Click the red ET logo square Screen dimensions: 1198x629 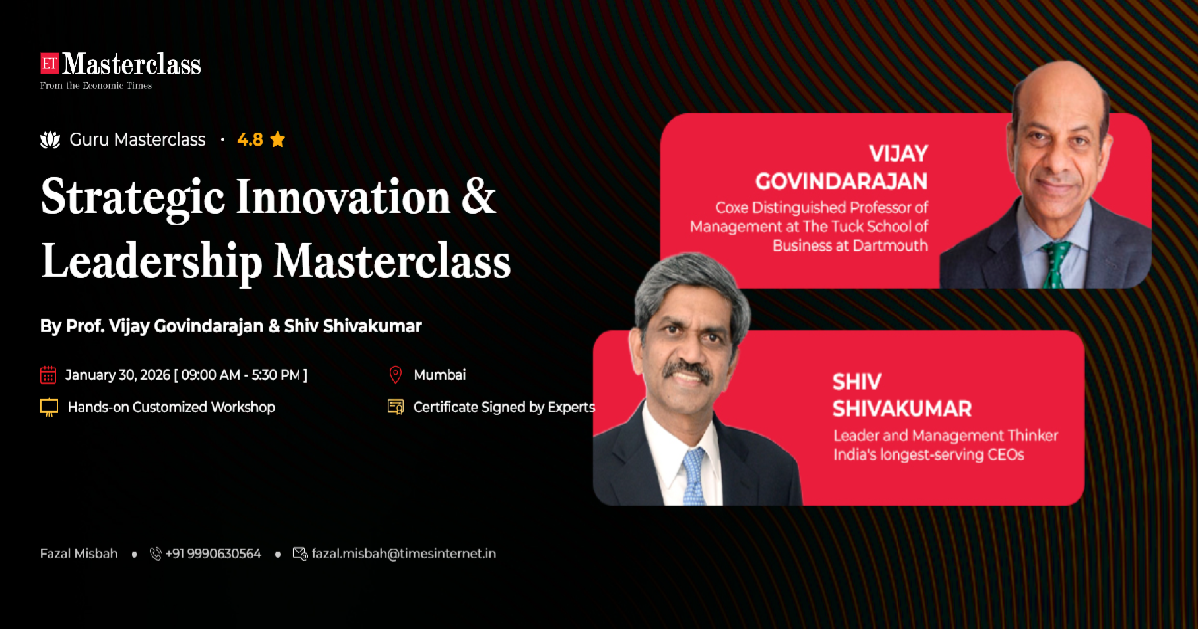click(49, 63)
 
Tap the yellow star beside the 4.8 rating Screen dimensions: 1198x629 click(278, 140)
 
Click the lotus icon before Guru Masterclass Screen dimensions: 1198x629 click(50, 140)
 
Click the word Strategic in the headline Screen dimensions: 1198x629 click(132, 199)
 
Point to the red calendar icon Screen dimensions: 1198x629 click(48, 375)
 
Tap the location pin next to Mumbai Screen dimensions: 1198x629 click(395, 375)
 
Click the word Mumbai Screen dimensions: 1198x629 click(439, 375)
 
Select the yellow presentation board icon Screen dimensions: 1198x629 click(49, 407)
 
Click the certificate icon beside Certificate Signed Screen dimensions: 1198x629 click(396, 407)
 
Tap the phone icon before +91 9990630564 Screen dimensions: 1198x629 click(155, 553)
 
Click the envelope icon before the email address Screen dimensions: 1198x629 click(300, 553)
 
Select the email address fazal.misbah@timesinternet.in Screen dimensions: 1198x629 click(403, 553)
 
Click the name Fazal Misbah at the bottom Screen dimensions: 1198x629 click(79, 553)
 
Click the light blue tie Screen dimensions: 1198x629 click(693, 477)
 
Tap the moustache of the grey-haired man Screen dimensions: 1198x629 click(687, 369)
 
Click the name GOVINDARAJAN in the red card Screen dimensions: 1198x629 click(842, 181)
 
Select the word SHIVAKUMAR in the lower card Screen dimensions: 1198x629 click(901, 409)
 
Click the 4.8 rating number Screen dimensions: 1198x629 click(250, 140)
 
